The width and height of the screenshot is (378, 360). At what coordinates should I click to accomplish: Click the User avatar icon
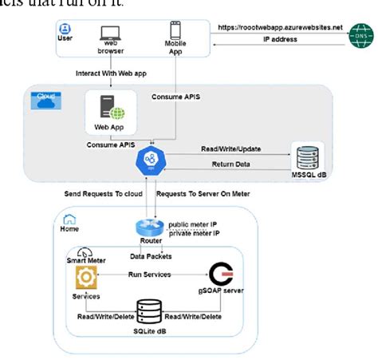[x=65, y=29]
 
